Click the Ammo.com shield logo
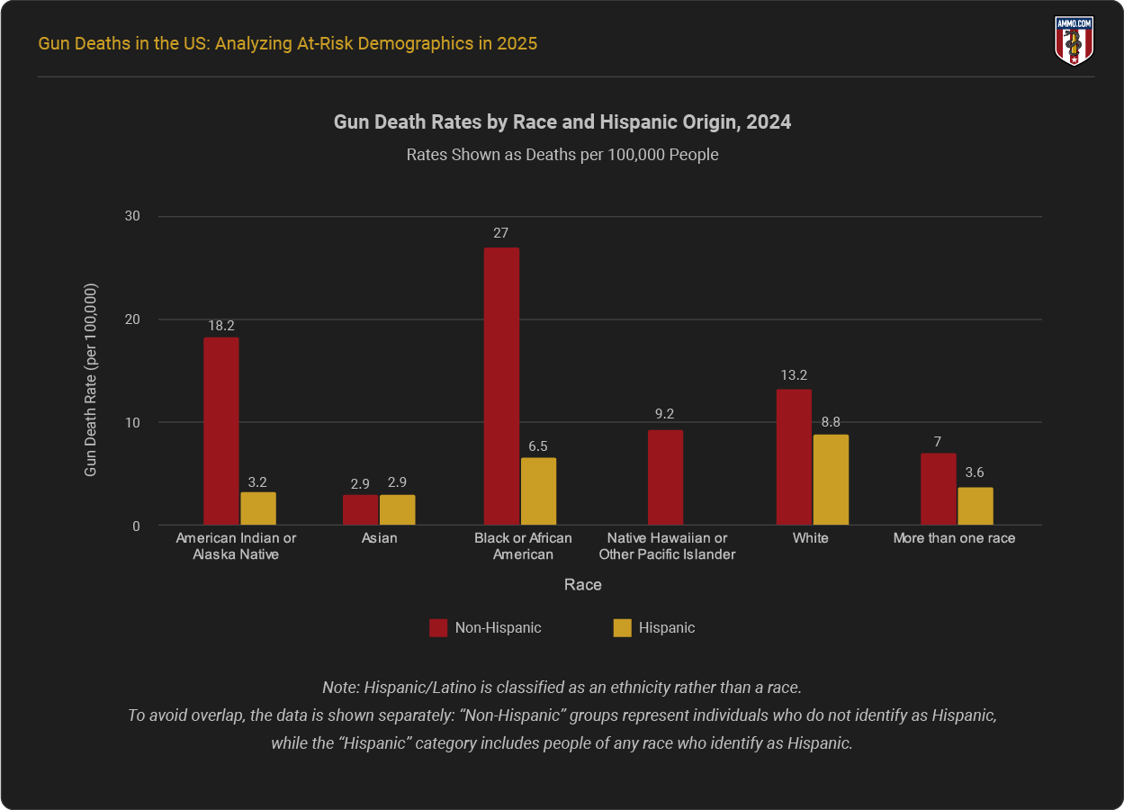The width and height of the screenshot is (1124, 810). point(1073,41)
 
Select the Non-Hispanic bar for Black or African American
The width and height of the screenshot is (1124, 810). point(501,386)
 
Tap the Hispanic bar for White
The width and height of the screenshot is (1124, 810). point(831,480)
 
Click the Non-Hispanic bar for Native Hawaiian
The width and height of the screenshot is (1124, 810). point(665,478)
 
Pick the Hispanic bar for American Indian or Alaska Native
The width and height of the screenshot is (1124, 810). point(258,508)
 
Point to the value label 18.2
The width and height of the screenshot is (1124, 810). point(221,324)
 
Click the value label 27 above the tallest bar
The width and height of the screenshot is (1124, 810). point(501,233)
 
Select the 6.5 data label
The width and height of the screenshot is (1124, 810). point(538,445)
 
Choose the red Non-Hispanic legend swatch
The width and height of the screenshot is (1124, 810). point(438,628)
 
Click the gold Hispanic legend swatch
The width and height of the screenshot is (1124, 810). point(622,628)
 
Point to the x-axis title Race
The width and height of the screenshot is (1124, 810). point(583,585)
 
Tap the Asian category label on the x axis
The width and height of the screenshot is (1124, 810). point(379,538)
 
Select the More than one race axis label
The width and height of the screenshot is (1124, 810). point(954,538)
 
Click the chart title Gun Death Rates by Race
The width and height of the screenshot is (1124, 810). point(562,122)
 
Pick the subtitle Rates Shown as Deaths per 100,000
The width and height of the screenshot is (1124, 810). point(562,155)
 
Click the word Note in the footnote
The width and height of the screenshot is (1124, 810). point(340,688)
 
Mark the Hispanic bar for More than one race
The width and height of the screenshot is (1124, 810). point(976,506)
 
